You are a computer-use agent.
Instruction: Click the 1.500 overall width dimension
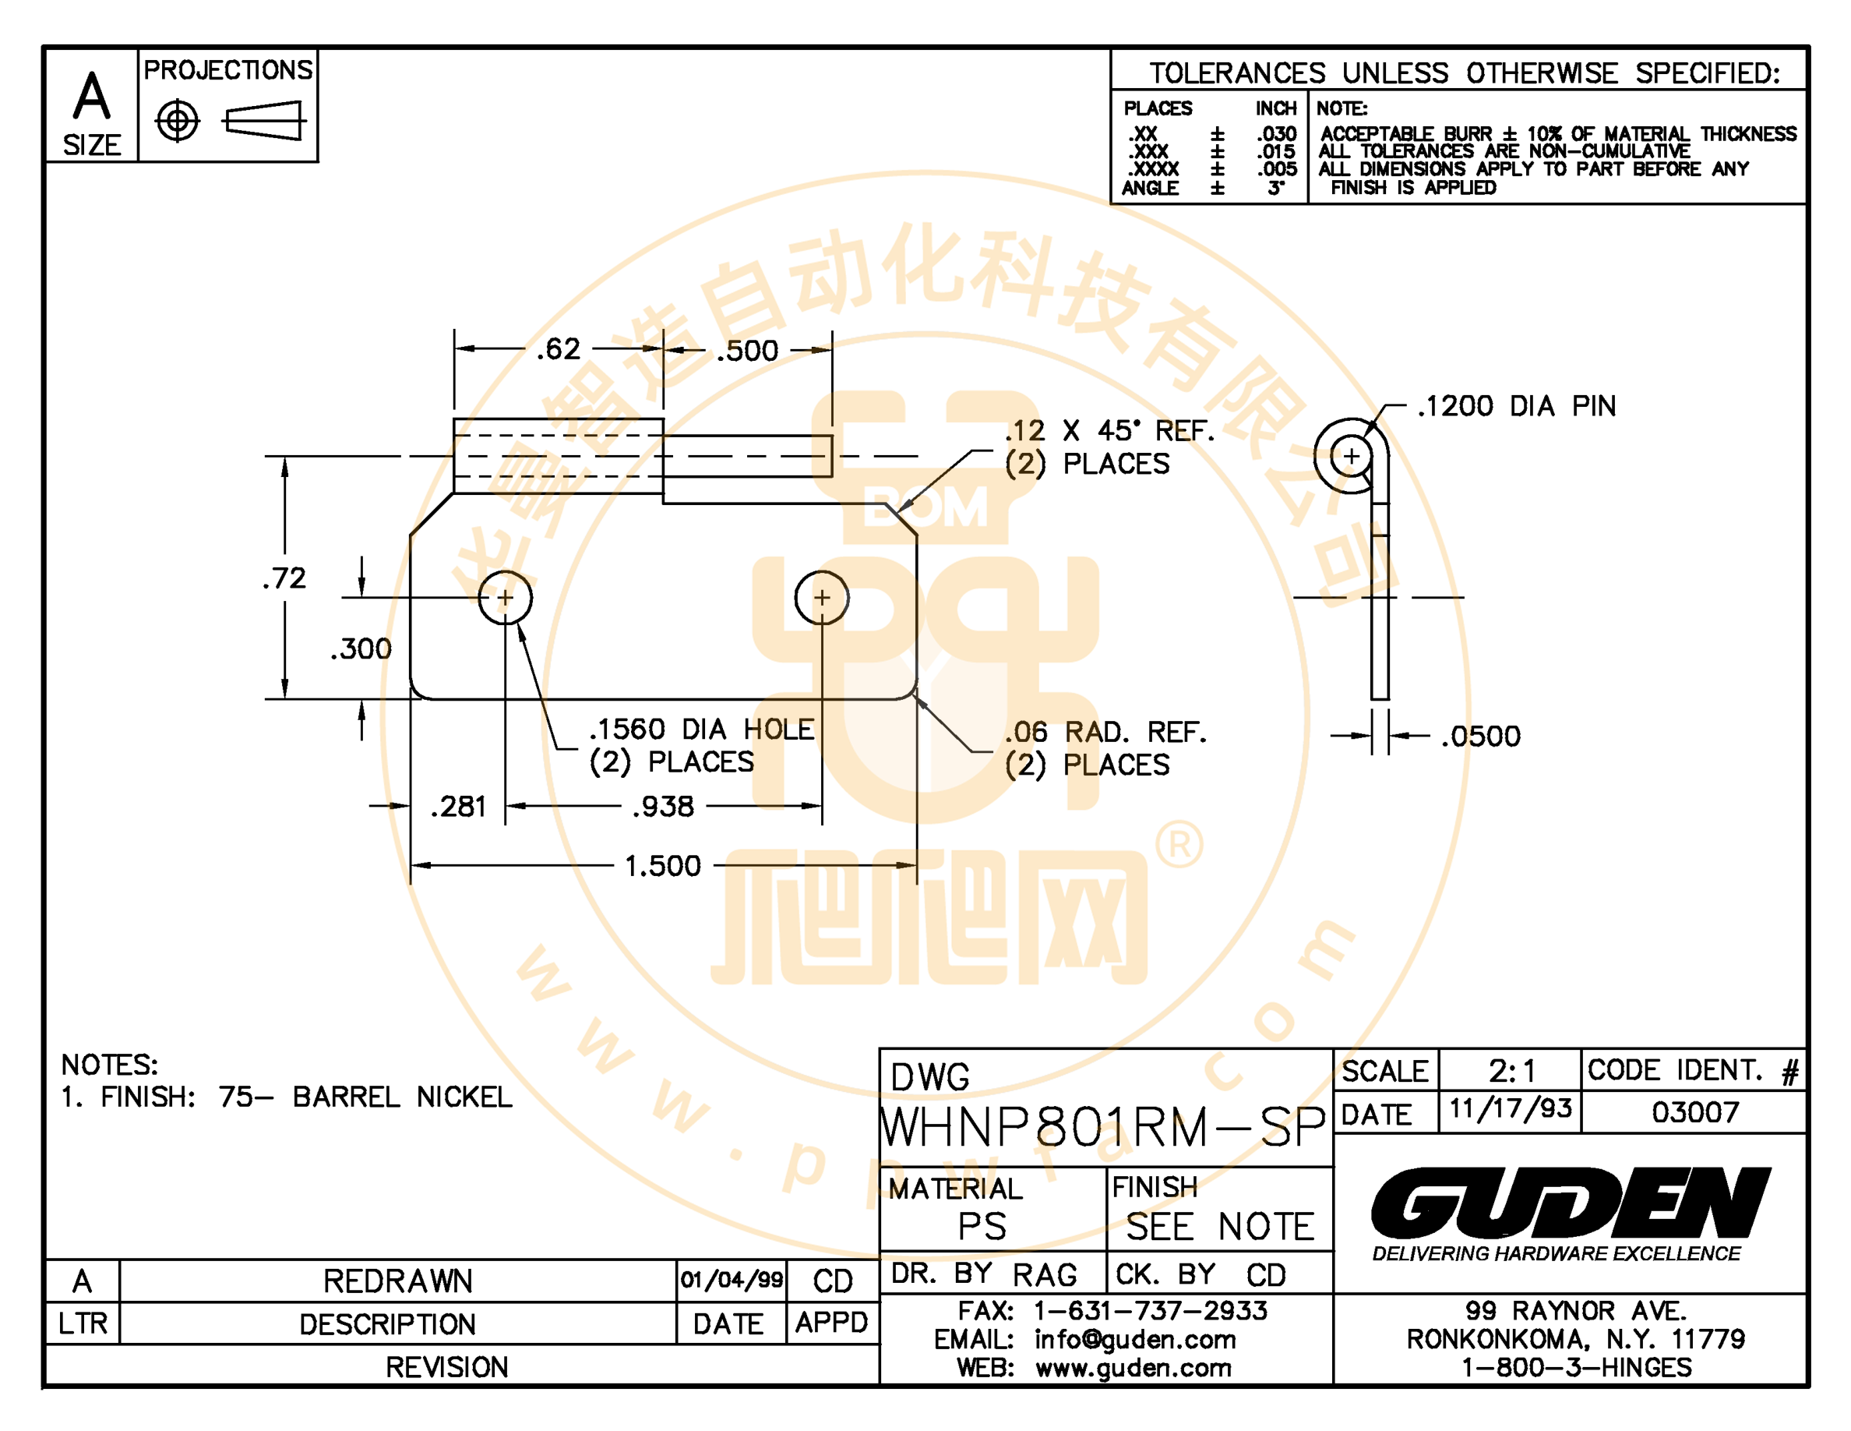point(663,866)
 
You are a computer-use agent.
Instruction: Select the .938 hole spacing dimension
point(663,806)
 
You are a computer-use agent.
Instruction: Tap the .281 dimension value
point(459,806)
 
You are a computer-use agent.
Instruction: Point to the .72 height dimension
point(284,578)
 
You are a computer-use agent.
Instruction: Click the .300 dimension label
point(361,649)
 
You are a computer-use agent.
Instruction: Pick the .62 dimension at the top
point(559,349)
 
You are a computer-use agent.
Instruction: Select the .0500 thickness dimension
point(1481,736)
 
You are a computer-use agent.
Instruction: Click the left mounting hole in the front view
point(505,598)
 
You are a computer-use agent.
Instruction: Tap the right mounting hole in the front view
point(821,598)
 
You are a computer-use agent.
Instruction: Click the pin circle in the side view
point(1351,456)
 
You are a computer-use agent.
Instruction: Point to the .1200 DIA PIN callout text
point(1516,406)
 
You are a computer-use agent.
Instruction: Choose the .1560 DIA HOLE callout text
point(701,729)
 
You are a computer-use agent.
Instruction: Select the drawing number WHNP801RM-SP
point(1102,1128)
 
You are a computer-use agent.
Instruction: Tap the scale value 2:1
point(1512,1072)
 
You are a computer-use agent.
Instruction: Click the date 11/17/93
point(1511,1109)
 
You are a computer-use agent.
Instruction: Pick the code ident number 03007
point(1695,1111)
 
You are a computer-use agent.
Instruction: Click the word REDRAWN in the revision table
point(397,1281)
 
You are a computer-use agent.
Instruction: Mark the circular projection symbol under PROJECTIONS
point(177,122)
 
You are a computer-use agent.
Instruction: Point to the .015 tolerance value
point(1276,152)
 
